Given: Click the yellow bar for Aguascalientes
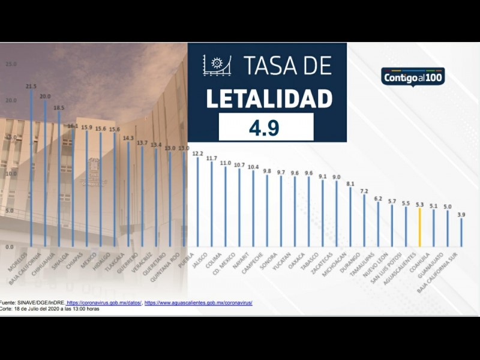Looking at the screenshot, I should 420,228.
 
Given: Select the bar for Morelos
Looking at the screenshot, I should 31,168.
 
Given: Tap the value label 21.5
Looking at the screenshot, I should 31,86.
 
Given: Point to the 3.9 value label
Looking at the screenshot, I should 461,214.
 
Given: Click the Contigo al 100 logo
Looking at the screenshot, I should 413,77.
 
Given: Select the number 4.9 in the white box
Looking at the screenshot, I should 265,128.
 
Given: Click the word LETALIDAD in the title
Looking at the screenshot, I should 268,98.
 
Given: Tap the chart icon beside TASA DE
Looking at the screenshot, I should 217,65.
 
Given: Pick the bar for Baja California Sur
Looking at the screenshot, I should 461,233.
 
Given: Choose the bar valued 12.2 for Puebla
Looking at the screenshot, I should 197,202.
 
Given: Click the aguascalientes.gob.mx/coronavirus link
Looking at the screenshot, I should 198,303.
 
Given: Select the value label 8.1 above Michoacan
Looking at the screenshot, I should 350,184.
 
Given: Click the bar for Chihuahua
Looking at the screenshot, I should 45,174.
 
